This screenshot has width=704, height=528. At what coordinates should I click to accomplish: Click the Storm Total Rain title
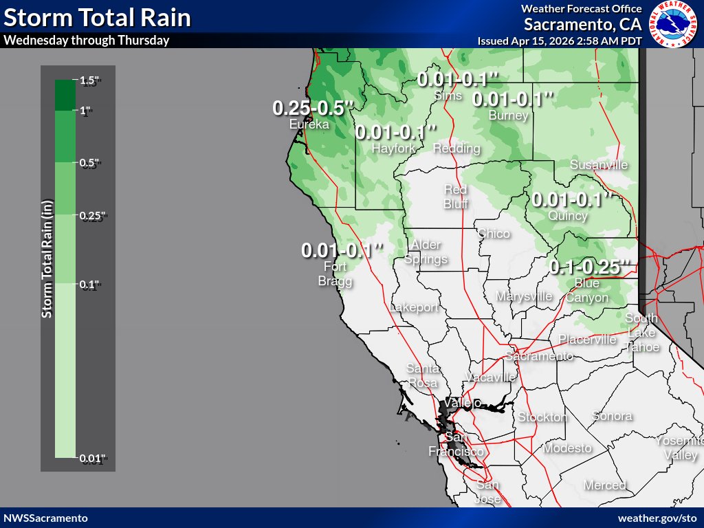[x=96, y=17]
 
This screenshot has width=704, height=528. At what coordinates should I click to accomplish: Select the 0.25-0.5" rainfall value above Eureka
[x=313, y=108]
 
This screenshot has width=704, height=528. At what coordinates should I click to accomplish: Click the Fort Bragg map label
[x=334, y=274]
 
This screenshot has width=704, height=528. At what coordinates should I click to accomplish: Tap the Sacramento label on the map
[x=538, y=356]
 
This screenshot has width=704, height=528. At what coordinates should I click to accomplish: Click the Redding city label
[x=456, y=148]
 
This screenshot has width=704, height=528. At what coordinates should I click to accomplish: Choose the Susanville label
[x=598, y=165]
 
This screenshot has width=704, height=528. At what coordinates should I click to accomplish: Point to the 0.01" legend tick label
[x=92, y=459]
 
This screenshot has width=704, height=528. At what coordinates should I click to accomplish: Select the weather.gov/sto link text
[x=658, y=518]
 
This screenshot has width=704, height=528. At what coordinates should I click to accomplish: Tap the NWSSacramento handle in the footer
[x=45, y=518]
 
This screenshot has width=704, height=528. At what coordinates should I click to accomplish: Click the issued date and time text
[x=560, y=41]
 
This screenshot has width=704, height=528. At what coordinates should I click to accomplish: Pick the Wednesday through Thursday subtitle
[x=87, y=40]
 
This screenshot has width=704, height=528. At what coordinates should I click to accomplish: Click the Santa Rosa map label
[x=422, y=375]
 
